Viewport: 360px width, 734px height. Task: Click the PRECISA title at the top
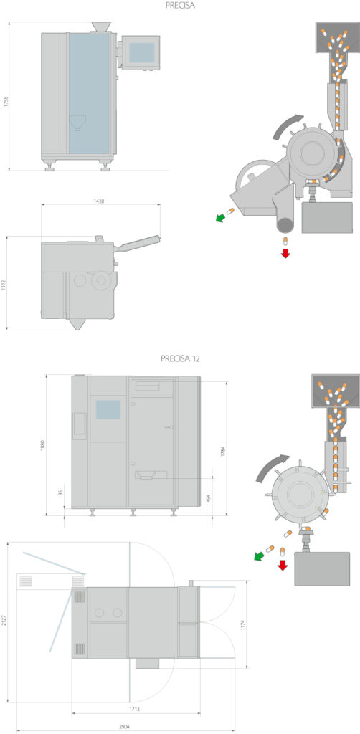pos(180,5)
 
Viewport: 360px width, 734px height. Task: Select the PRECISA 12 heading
pos(180,359)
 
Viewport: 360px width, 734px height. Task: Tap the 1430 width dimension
pos(99,201)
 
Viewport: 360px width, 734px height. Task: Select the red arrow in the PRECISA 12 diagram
pos(283,565)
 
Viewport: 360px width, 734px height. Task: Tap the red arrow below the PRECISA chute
pos(285,253)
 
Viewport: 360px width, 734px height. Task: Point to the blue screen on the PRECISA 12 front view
pos(108,409)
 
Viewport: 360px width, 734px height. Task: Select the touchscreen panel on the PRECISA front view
pos(141,52)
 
